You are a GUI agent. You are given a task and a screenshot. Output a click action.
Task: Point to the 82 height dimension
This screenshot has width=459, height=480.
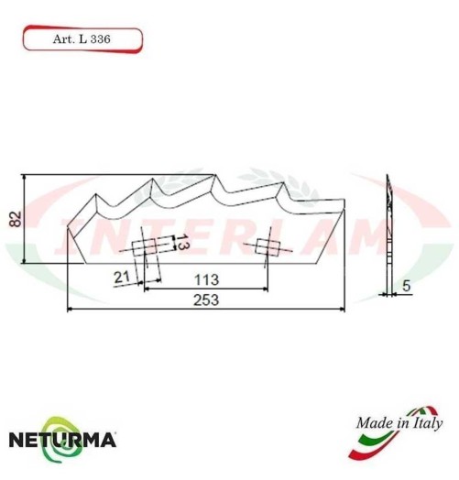click(12, 217)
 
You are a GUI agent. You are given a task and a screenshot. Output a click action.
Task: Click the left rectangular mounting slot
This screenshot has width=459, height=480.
click(146, 247)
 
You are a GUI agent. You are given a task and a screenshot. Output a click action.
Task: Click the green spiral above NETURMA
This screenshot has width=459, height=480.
click(62, 420)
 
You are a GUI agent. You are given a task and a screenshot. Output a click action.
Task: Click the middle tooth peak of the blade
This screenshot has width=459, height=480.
click(214, 177)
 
